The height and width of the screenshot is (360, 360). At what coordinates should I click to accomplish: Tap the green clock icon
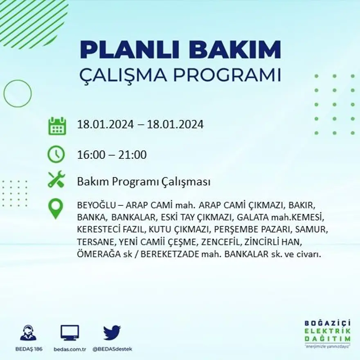(x=56, y=154)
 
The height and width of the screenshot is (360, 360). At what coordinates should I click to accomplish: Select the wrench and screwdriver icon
(x=56, y=179)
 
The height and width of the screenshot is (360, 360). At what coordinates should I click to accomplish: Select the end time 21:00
(x=133, y=155)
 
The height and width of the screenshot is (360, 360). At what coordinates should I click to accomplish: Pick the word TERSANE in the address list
(x=90, y=242)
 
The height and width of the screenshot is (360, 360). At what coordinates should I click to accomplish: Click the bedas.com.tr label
(x=70, y=349)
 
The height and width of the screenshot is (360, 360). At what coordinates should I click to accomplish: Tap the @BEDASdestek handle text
(x=112, y=349)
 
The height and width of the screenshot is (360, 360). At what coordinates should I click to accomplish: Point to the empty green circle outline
(x=18, y=94)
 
